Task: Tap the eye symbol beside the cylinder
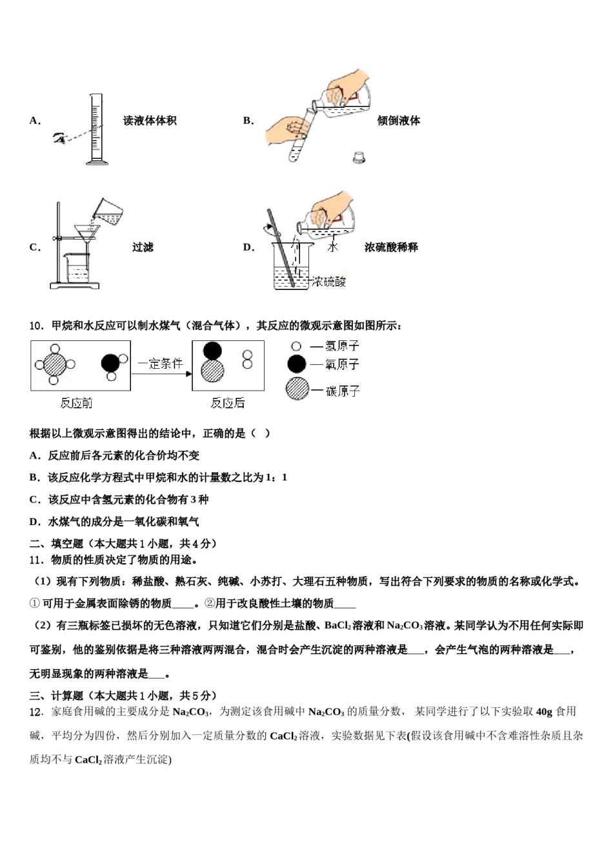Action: click(60, 137)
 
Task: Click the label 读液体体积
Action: click(150, 121)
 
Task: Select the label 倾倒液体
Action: click(398, 121)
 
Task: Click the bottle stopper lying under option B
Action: click(359, 157)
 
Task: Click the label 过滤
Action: click(143, 247)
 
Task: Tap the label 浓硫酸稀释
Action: click(391, 247)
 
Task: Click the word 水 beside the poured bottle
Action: click(332, 247)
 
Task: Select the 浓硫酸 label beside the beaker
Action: click(329, 282)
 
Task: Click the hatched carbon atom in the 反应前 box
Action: click(55, 365)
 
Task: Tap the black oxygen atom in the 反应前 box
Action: click(110, 363)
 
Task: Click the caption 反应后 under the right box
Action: click(228, 403)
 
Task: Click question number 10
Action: click(36, 325)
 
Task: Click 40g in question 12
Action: click(544, 712)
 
